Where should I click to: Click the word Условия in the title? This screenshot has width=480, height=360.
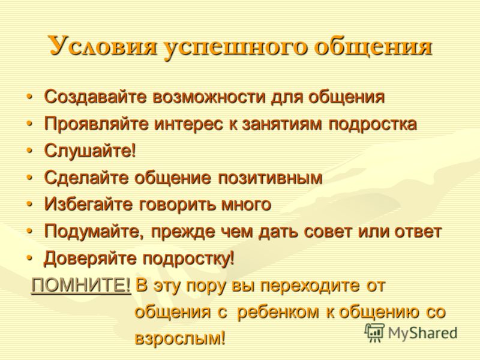click(x=102, y=46)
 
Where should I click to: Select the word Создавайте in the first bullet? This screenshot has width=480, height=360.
click(x=95, y=97)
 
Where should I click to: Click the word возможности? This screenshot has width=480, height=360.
click(x=209, y=97)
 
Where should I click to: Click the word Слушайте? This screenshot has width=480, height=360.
click(x=89, y=151)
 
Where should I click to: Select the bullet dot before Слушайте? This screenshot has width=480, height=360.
click(x=29, y=151)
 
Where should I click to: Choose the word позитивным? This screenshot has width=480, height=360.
click(x=270, y=178)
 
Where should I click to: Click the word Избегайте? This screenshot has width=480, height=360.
click(x=88, y=205)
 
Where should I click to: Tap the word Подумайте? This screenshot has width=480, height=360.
click(x=94, y=232)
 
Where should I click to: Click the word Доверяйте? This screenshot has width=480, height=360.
click(x=91, y=259)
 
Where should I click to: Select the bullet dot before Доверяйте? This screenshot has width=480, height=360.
click(x=29, y=259)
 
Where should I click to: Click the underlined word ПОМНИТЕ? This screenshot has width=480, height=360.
click(x=81, y=286)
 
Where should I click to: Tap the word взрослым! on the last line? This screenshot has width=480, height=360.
click(x=180, y=338)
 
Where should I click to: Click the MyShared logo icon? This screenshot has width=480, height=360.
click(x=374, y=333)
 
